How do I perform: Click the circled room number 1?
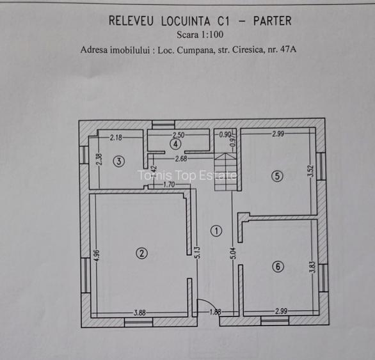coord(216,231)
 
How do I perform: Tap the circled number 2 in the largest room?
coord(141,253)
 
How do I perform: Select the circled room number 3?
coord(119,162)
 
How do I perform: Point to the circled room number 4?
coord(175,144)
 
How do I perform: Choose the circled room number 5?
coord(276,176)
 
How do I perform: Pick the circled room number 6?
coord(277,267)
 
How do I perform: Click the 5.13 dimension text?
coord(199,252)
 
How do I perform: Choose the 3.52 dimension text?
coord(310,171)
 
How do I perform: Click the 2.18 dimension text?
coord(116,137)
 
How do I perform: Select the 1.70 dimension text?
coord(169,185)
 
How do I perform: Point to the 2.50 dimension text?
coord(178,135)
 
